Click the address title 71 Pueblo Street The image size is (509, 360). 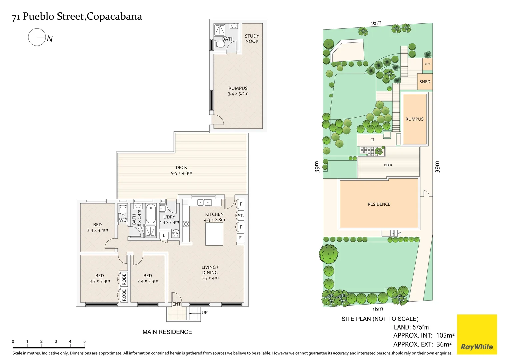click(77, 16)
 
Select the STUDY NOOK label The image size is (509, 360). click(252, 39)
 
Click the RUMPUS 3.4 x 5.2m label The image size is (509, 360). click(238, 91)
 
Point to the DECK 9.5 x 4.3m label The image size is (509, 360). click(181, 170)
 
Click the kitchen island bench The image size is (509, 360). click(214, 234)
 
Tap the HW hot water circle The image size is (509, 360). click(176, 233)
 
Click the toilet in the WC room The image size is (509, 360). click(123, 210)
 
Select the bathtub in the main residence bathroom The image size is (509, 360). click(151, 214)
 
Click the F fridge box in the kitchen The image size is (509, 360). click(240, 238)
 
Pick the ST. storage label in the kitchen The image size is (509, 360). click(241, 216)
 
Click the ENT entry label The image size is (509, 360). click(176, 304)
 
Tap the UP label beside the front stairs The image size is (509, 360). click(204, 313)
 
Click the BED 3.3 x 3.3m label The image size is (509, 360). click(99, 278)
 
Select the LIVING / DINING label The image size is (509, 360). click(210, 272)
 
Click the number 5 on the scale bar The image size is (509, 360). click(84, 341)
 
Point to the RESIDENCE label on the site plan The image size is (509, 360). click(379, 204)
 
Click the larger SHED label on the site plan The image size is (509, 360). click(425, 82)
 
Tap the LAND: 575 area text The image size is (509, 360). click(411, 327)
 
